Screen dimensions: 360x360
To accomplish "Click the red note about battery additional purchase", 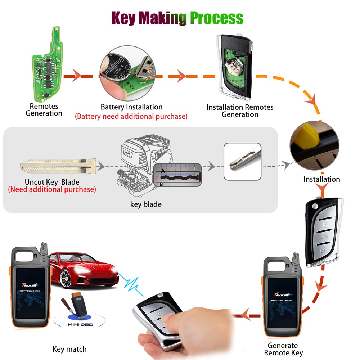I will coord(131,116).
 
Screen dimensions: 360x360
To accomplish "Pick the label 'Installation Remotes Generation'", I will coord(240,111).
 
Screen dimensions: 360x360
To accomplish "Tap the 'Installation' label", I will coord(321,179).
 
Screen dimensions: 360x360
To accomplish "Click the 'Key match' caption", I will coord(69,349).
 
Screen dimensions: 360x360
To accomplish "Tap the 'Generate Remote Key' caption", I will coord(283,349).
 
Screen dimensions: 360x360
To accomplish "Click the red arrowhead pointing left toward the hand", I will coord(246,316).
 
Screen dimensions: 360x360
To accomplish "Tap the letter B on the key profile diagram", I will coord(162,184).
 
